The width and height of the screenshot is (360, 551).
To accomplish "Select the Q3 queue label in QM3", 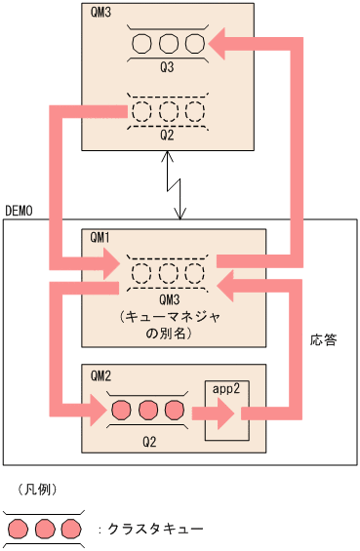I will click(169, 68).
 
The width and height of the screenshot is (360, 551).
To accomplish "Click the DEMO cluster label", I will click(21, 210).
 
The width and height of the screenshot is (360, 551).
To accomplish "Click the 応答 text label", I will click(323, 342).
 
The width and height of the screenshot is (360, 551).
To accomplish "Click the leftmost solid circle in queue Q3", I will click(142, 44).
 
